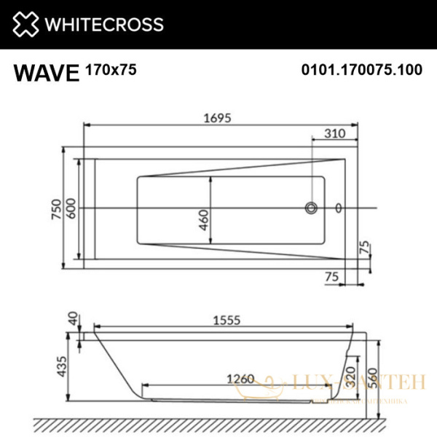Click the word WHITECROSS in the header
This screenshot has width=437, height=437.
[x=104, y=25]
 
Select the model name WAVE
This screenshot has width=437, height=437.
[x=46, y=73]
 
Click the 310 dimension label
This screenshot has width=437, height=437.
[x=334, y=133]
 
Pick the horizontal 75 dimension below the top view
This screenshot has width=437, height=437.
[x=333, y=277]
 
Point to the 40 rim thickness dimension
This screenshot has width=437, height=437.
[x=72, y=319]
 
